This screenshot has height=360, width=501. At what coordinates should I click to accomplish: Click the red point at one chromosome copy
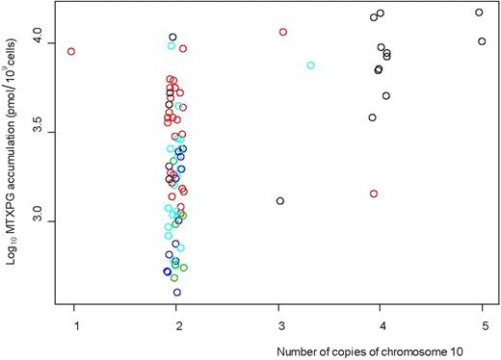71,51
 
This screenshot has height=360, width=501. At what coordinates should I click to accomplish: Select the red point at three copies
283,32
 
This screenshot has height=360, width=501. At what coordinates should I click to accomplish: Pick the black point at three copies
279,201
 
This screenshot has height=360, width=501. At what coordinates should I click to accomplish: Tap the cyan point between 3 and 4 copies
310,65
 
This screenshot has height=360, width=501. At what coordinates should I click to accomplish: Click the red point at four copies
373,193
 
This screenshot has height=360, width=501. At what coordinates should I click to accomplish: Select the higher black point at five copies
479,13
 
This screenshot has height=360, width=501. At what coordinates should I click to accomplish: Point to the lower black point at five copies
482,41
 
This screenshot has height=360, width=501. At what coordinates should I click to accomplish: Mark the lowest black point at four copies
372,117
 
